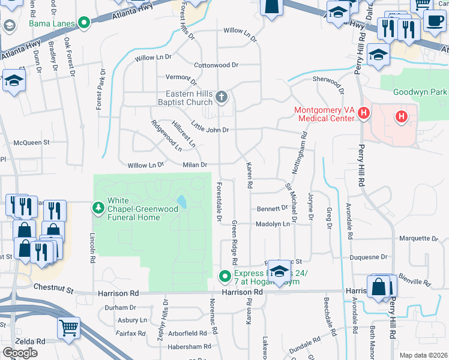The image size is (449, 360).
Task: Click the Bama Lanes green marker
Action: (84, 24)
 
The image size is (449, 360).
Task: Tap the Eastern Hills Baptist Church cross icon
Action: (221, 97)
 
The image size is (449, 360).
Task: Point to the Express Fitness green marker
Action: (225, 276)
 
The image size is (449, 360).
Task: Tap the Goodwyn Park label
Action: (420, 92)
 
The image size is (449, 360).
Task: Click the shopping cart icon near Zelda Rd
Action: (69, 328)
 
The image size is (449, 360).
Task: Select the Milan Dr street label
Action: (195, 165)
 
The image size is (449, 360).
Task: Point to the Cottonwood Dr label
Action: (216, 65)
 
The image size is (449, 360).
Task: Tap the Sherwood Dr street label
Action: (328, 79)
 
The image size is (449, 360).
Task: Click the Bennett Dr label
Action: (273, 208)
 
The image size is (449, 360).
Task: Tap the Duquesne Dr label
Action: (369, 257)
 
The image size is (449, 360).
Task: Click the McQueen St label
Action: (31, 143)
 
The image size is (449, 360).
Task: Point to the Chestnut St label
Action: (53, 289)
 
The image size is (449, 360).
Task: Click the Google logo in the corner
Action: (20, 353)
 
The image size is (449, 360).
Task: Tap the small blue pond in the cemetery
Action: (181, 201)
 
